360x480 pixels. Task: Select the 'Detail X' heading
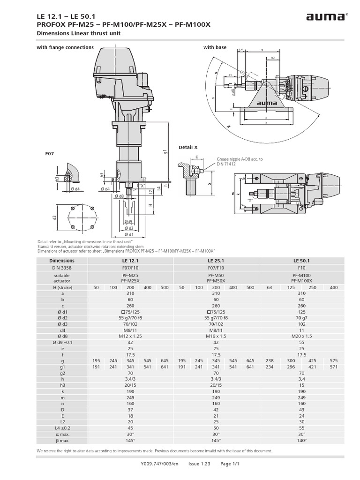[x=187, y=147]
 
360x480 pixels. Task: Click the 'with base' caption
[x=215, y=47]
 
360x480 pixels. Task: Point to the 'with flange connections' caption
[x=65, y=47]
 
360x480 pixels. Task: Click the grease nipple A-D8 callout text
[x=240, y=162]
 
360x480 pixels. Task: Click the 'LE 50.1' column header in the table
[x=301, y=260]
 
